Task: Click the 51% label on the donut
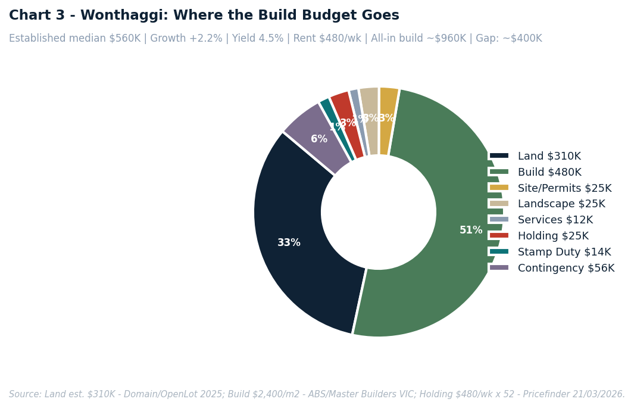coord(471,231)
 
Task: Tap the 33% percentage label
coord(289,243)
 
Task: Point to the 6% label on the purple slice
coord(319,139)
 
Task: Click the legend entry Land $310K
coord(549,157)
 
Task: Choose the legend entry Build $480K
coord(549,173)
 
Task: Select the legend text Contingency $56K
coord(566,269)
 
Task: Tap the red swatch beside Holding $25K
coord(499,236)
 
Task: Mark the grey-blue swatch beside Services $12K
coord(499,220)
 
